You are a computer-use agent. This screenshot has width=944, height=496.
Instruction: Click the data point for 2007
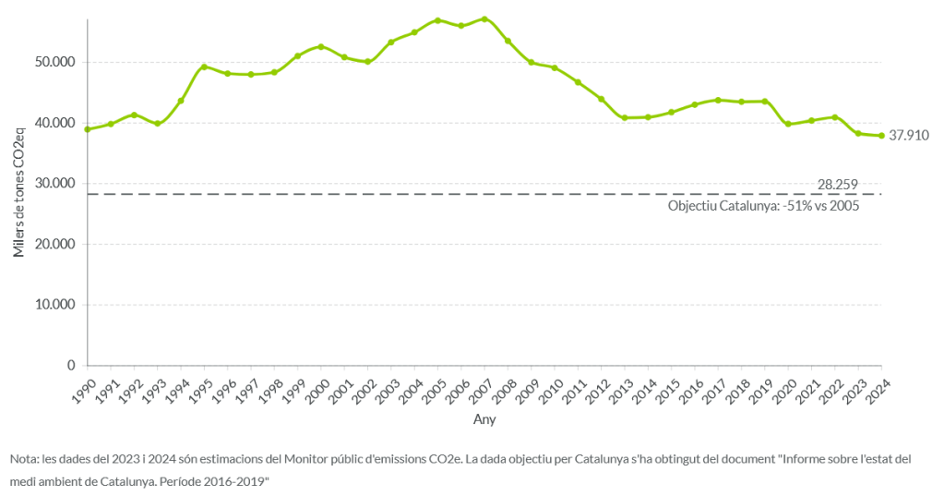[484, 19]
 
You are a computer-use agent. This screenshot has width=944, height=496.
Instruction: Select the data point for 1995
[204, 67]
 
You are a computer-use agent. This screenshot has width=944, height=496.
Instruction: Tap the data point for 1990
[88, 129]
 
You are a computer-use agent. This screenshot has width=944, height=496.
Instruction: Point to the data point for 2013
[625, 118]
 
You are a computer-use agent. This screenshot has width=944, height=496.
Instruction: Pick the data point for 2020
[788, 124]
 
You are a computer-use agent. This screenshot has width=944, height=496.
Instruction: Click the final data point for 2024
[881, 136]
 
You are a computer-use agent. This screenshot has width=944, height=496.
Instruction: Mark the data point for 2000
[321, 46]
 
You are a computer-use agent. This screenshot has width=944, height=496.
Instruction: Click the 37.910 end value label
[909, 136]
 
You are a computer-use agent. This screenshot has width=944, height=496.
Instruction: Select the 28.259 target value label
[838, 185]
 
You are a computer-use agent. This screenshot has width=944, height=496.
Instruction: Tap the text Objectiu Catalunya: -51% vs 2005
[763, 206]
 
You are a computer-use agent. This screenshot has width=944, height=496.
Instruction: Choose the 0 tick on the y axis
[71, 366]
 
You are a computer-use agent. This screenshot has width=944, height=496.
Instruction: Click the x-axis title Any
[484, 419]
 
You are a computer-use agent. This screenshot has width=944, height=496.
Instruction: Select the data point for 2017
[718, 100]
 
